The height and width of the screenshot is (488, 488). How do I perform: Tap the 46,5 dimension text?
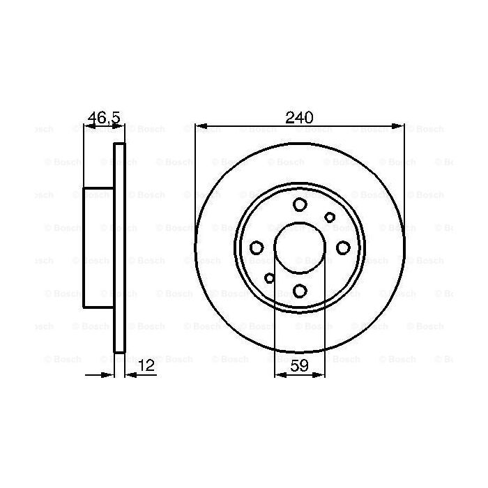coord(104,117)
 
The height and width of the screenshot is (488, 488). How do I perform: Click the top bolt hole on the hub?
coord(300,205)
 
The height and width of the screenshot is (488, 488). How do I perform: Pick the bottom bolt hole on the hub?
coord(300,291)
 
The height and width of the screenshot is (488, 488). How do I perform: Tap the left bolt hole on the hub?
coord(257,247)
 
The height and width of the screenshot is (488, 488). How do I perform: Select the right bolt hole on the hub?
coord(343,247)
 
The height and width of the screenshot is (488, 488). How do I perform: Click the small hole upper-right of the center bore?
coord(330,218)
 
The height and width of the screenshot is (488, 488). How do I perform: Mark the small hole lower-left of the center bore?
coord(269,278)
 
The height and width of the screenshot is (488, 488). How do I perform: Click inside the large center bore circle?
coord(300,247)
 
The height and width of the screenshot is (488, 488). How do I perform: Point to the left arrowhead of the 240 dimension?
coord(199,127)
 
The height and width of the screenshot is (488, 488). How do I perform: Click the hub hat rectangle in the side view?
coord(98,247)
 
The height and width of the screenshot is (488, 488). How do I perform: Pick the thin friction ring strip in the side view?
coord(119,247)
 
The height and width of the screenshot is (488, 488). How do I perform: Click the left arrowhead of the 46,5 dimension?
coord(87,127)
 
